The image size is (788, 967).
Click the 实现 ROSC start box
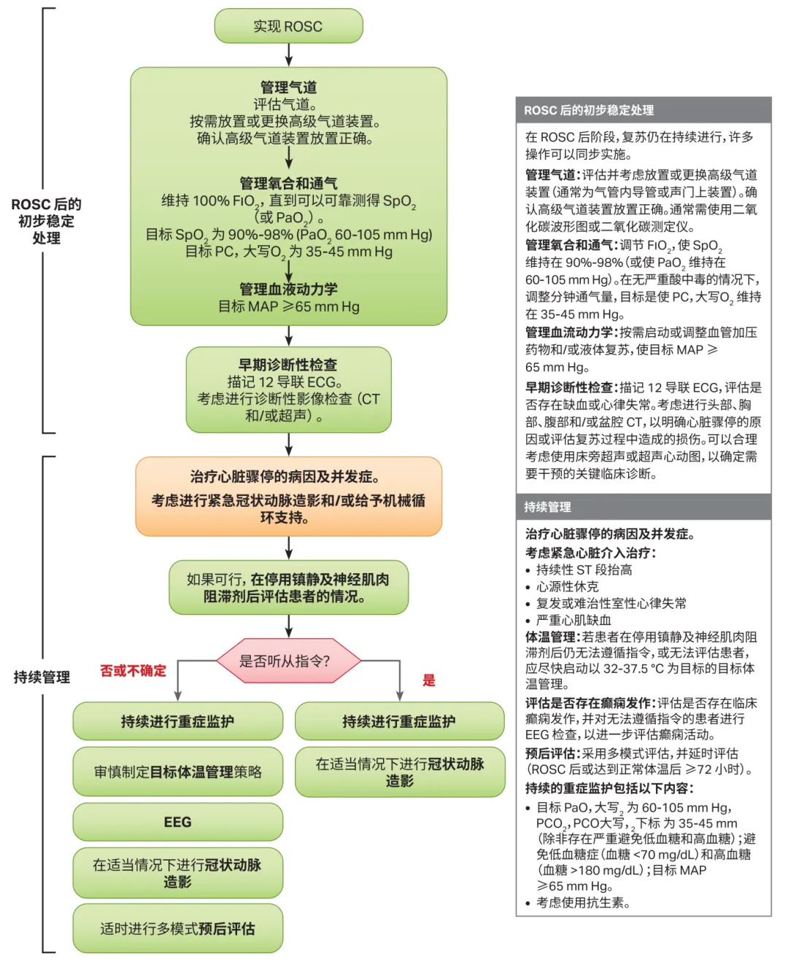[x=288, y=26]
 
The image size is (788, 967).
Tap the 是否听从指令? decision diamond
[x=288, y=661]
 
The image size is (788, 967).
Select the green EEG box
[x=177, y=822]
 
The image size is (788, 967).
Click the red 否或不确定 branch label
[x=134, y=671]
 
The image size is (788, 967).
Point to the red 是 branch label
[x=429, y=680]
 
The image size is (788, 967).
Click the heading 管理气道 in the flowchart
[x=288, y=88]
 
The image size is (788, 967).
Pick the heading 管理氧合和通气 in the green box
[x=288, y=183]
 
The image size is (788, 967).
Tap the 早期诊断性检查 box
[x=288, y=390]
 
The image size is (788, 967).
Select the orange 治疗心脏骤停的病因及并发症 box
[x=288, y=497]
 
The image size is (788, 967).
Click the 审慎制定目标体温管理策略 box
[x=177, y=772]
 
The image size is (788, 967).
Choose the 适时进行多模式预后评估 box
[x=177, y=928]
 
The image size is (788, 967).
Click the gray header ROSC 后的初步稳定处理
[x=643, y=110]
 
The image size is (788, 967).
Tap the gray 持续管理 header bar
[x=643, y=507]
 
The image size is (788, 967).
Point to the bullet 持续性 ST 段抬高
[x=584, y=570]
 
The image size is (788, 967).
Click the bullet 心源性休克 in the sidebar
[x=567, y=586]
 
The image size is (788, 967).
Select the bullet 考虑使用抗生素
[x=582, y=902]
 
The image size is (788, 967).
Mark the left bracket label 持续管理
[x=42, y=677]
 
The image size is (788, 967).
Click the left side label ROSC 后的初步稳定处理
[x=46, y=221]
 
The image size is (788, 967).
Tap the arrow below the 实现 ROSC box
[x=289, y=55]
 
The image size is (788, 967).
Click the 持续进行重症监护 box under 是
[x=399, y=721]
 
